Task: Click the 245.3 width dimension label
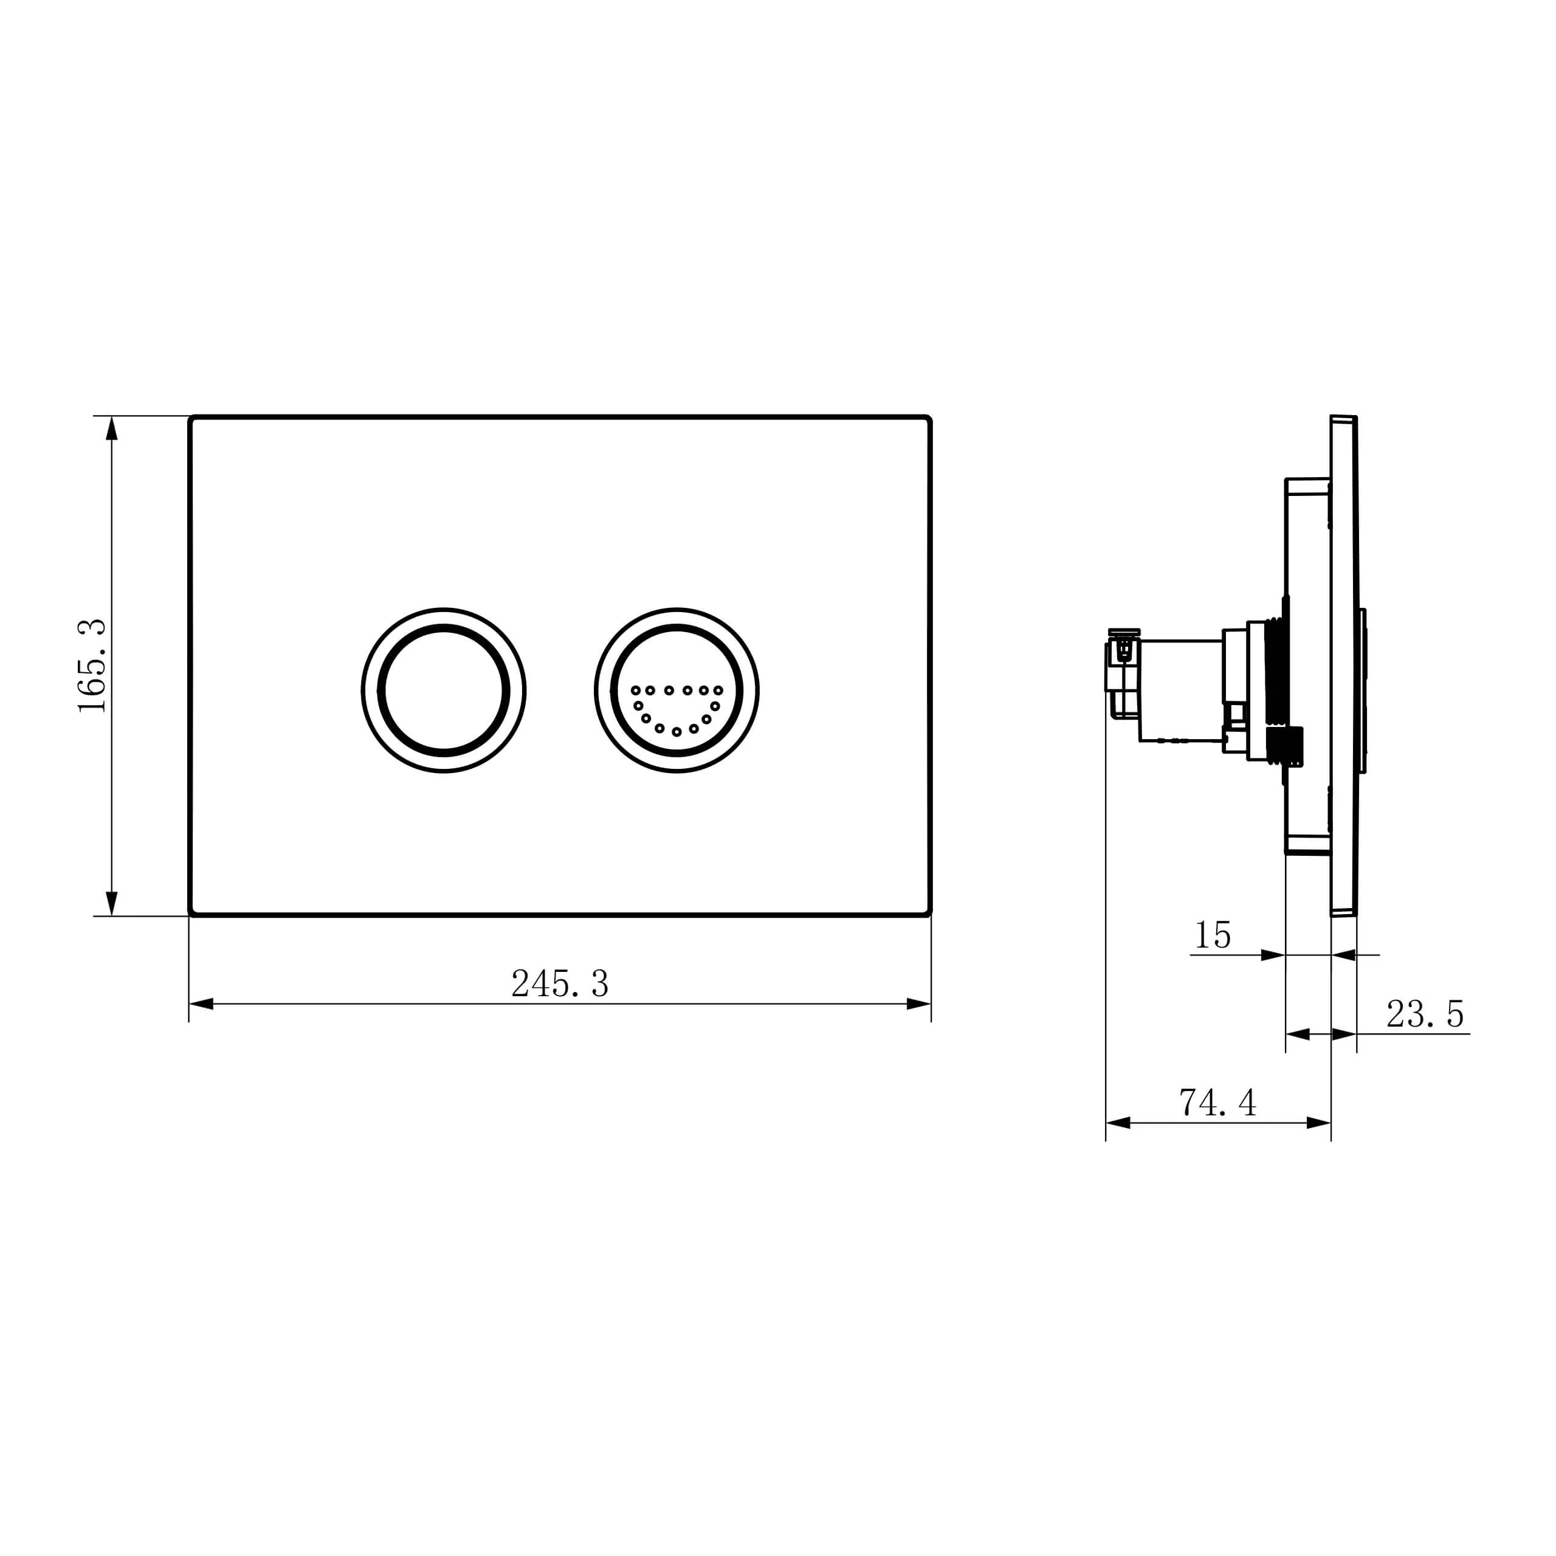[x=560, y=983]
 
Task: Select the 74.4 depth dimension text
[x=1217, y=1102]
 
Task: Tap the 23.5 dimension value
[x=1425, y=1014]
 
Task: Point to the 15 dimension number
[x=1212, y=935]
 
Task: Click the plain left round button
[x=444, y=690]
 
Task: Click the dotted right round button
[x=676, y=690]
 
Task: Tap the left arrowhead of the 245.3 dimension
[x=201, y=1003]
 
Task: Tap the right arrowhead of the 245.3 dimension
[x=919, y=1003]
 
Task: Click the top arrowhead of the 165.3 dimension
[x=112, y=429]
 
